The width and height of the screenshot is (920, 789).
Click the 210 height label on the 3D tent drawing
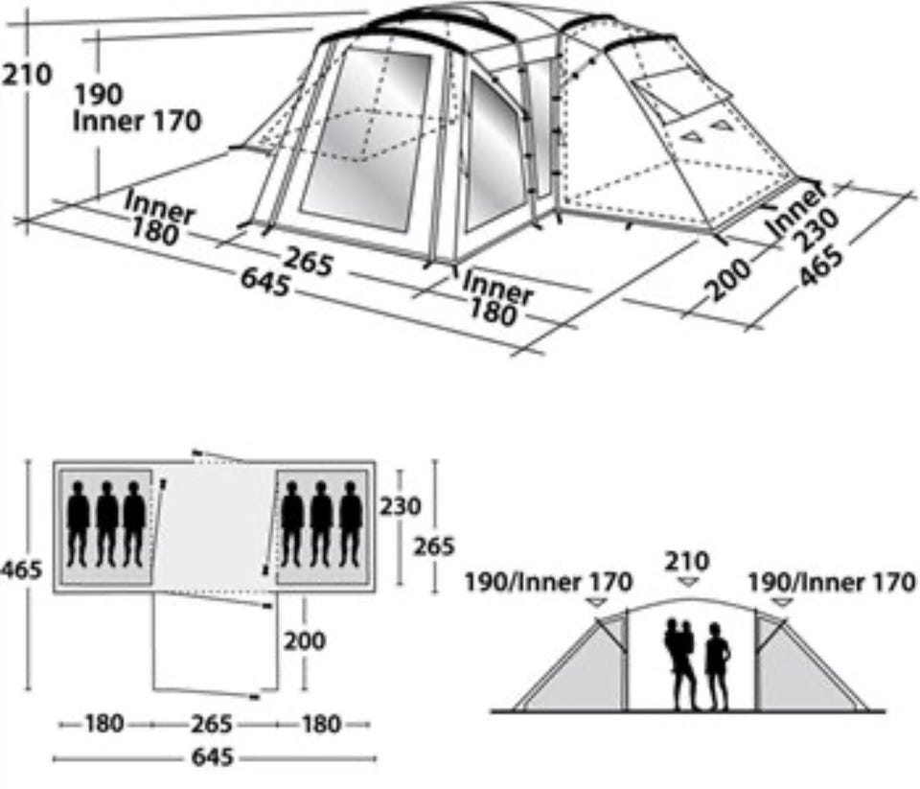click(27, 75)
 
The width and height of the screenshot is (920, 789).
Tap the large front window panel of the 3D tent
click(365, 139)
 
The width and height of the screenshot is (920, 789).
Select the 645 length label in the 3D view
click(265, 284)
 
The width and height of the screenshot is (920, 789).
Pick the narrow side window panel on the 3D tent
click(494, 153)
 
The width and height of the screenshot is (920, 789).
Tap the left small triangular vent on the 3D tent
click(692, 136)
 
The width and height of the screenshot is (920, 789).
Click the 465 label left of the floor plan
click(21, 569)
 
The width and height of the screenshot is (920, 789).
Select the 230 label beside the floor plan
click(401, 506)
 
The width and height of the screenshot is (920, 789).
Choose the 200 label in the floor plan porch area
click(305, 640)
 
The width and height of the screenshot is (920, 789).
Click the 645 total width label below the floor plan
click(213, 757)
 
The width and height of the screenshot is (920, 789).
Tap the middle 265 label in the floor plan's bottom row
click(211, 724)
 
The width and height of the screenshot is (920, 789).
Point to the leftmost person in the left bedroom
click(78, 523)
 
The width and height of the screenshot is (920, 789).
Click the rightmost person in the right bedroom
click(351, 523)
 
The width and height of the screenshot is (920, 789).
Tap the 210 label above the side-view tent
click(687, 561)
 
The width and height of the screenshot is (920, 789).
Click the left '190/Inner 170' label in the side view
click(548, 582)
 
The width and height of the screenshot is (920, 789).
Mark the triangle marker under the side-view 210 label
click(687, 582)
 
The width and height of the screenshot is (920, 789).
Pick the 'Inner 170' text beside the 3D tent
click(137, 121)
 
